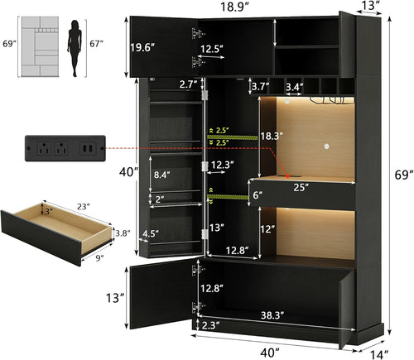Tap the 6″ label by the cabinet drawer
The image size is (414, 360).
[x=257, y=195]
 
